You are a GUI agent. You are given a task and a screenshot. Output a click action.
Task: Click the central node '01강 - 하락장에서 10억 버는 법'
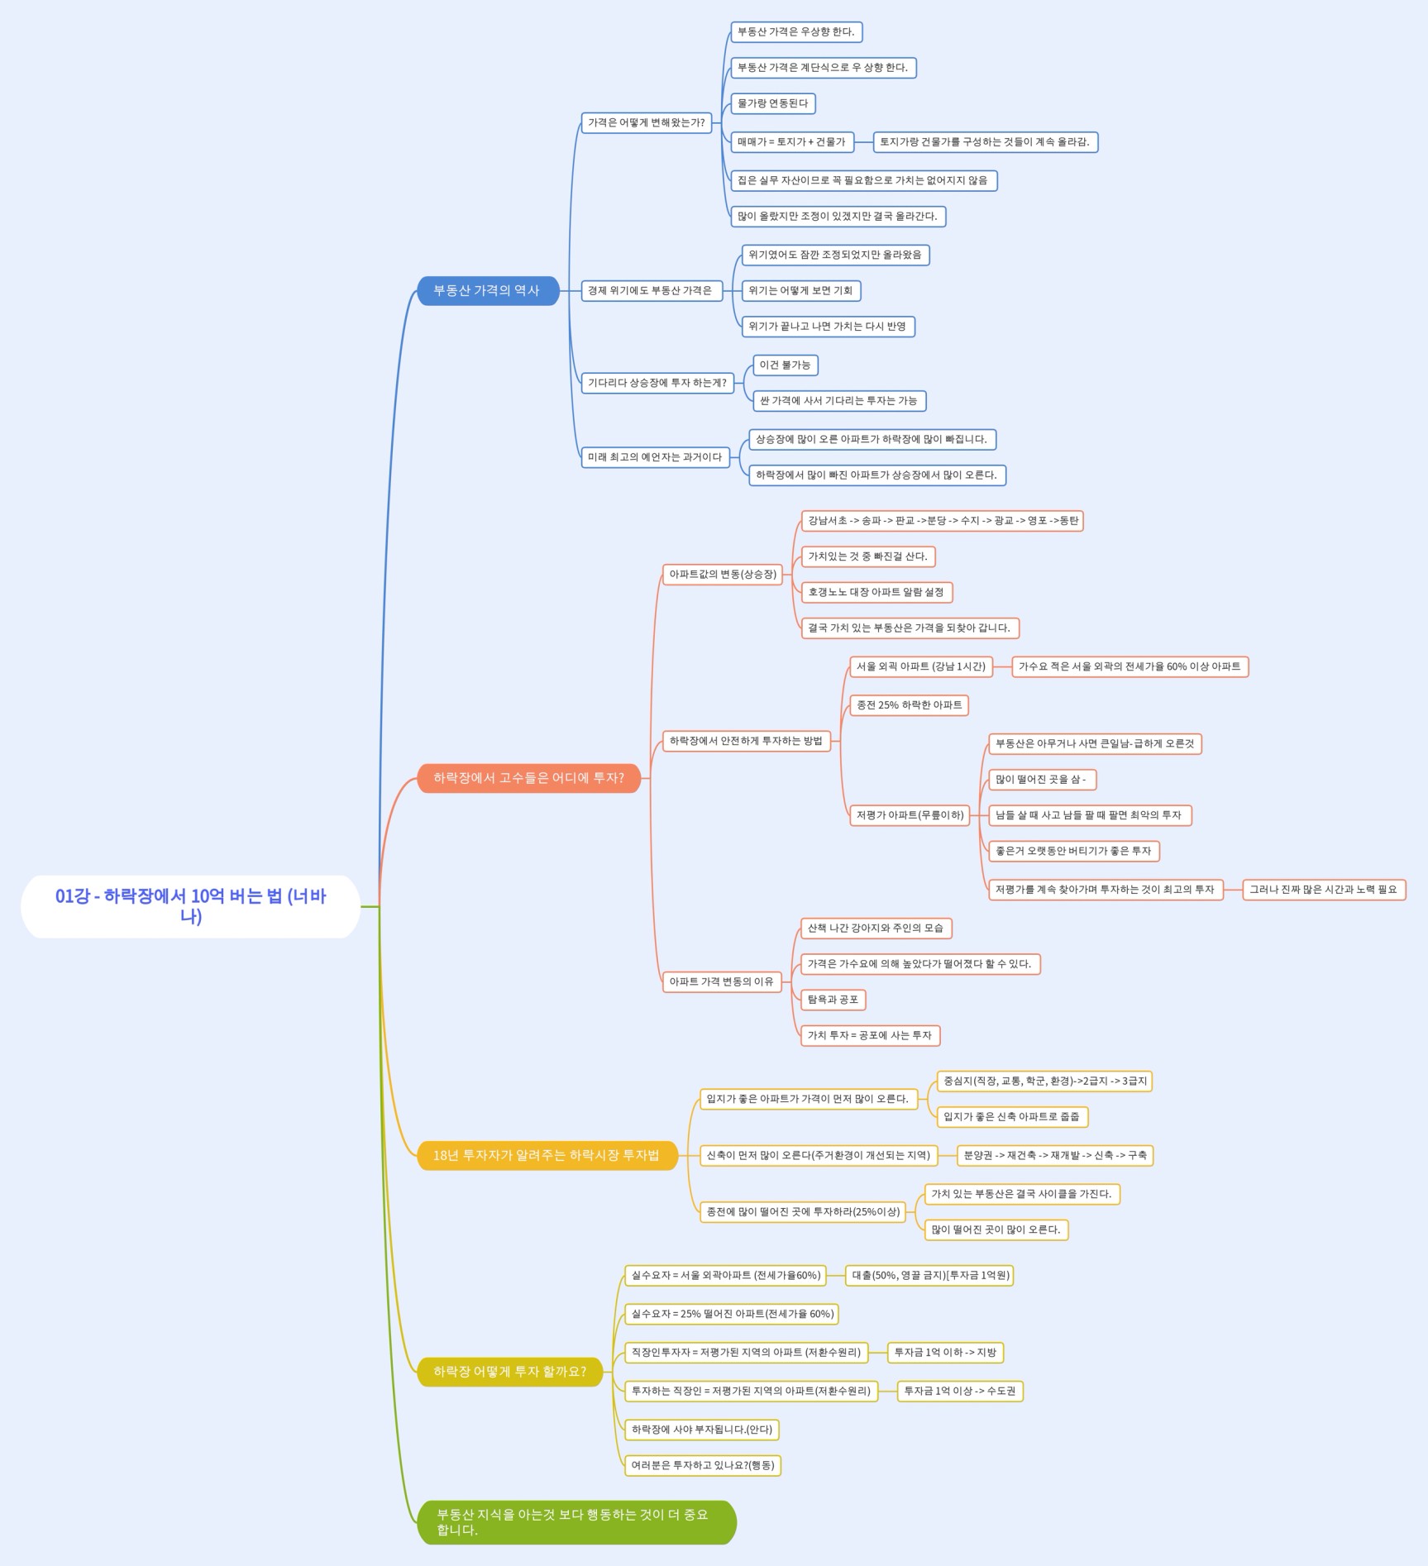click(190, 906)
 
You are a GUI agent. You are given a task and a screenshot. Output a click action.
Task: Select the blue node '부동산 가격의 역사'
click(488, 291)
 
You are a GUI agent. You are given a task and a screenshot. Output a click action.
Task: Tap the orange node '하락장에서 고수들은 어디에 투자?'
click(529, 778)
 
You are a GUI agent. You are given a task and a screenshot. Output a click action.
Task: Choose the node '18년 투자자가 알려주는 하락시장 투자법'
click(547, 1155)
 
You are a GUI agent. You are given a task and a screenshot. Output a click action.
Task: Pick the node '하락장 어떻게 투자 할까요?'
click(510, 1372)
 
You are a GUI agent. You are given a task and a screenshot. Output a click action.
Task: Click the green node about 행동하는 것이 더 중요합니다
click(576, 1522)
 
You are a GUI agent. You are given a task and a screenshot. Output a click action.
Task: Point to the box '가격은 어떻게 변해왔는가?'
click(647, 123)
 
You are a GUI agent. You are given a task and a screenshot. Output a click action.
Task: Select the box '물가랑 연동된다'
click(773, 103)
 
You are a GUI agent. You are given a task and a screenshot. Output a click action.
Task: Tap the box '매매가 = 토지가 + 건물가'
click(792, 142)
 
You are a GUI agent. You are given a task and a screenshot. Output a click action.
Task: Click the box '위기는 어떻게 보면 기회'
click(801, 291)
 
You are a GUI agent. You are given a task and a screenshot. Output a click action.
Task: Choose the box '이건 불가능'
click(786, 365)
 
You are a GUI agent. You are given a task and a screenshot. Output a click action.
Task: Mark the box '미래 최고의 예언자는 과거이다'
click(656, 457)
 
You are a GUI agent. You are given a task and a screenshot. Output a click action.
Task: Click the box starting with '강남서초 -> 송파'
click(943, 521)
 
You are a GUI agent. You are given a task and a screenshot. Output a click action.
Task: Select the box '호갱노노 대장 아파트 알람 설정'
click(877, 592)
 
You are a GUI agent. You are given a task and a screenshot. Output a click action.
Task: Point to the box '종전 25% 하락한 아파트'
click(910, 705)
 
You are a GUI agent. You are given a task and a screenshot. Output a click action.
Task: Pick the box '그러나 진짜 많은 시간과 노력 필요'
click(1324, 890)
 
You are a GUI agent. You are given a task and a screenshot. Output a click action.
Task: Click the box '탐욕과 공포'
click(833, 1000)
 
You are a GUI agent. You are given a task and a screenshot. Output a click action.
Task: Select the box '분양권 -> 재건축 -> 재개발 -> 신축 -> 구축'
click(1055, 1155)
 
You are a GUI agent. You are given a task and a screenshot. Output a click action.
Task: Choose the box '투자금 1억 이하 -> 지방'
click(946, 1353)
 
